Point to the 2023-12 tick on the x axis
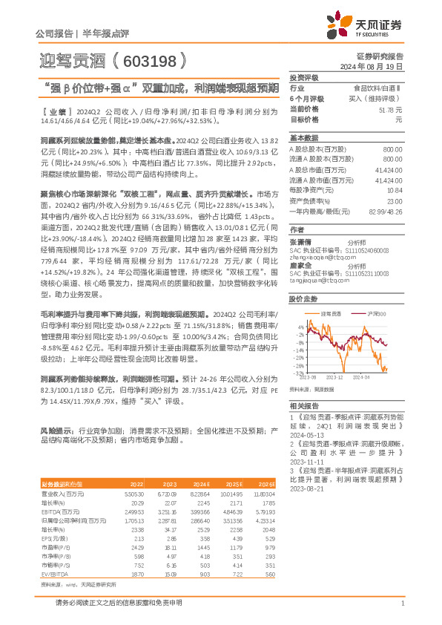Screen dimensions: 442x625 click(337, 378)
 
